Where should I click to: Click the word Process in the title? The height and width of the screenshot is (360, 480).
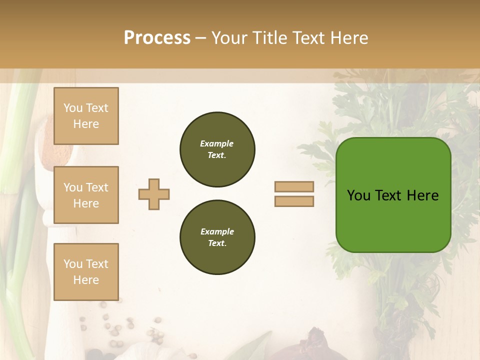(157, 38)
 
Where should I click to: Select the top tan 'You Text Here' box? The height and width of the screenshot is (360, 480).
(86, 116)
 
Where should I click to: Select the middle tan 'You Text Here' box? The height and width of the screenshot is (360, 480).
(86, 195)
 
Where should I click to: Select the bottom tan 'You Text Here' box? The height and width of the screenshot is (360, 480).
(86, 272)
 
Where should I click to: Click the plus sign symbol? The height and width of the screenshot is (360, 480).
(154, 194)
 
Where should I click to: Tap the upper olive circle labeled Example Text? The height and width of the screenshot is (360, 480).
(217, 149)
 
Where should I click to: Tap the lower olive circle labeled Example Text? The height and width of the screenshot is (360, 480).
(217, 237)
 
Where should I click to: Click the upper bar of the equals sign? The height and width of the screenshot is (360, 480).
(294, 187)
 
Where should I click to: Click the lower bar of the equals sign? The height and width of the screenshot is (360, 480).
(294, 201)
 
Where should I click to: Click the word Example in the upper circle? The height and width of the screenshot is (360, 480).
(217, 143)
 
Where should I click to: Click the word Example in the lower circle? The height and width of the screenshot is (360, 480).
(217, 231)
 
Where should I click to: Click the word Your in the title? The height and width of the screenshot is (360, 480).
(229, 38)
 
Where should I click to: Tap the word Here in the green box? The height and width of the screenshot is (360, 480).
(422, 195)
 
